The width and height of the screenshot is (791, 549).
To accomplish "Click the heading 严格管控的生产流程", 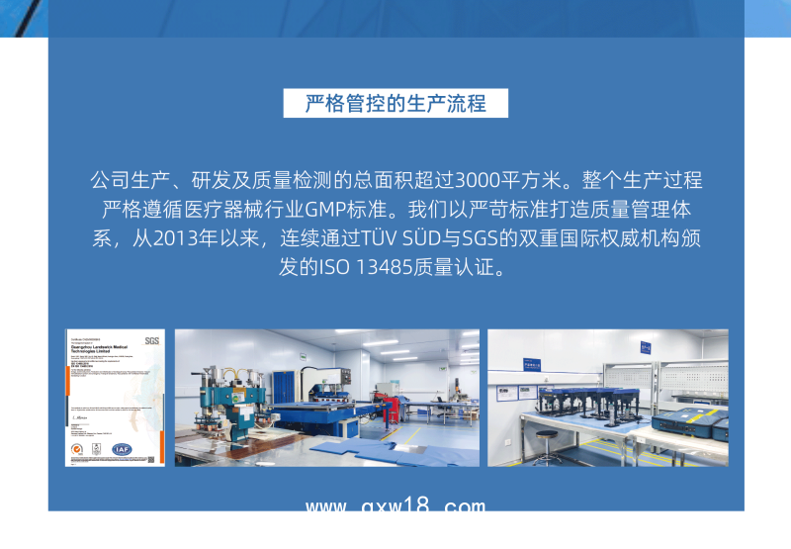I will [395, 104].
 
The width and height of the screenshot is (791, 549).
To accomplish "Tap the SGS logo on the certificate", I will [151, 340].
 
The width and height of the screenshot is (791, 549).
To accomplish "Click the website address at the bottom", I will [395, 507].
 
